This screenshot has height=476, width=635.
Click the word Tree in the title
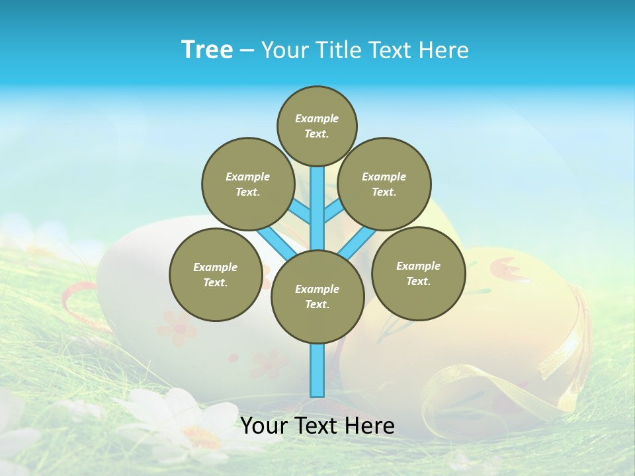[207, 50]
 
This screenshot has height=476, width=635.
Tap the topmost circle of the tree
[317, 126]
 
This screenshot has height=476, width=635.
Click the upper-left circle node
[247, 184]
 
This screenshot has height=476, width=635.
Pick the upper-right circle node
[384, 184]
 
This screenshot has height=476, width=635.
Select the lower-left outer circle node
[215, 274]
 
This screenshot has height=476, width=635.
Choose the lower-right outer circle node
[418, 273]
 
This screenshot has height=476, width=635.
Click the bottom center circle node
[317, 296]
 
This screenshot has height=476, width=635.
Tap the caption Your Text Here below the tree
[317, 426]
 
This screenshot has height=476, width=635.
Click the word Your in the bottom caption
[264, 426]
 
